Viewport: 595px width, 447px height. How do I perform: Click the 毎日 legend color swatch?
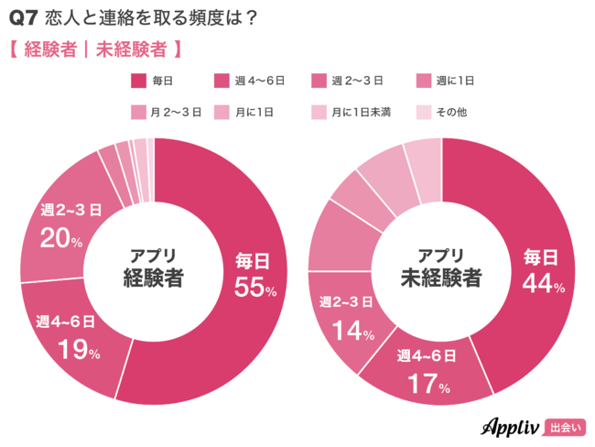pyautogui.click(x=139, y=82)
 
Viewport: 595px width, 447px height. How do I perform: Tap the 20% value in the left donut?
pyautogui.click(x=61, y=239)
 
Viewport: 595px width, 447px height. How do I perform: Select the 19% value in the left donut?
pyautogui.click(x=79, y=349)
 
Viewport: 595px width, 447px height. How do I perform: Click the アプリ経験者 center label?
pyautogui.click(x=154, y=268)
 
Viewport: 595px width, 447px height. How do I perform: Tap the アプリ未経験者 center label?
pyautogui.click(x=442, y=268)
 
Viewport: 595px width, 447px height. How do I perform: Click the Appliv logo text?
pyautogui.click(x=511, y=426)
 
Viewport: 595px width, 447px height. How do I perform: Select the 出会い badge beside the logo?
pyautogui.click(x=565, y=427)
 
